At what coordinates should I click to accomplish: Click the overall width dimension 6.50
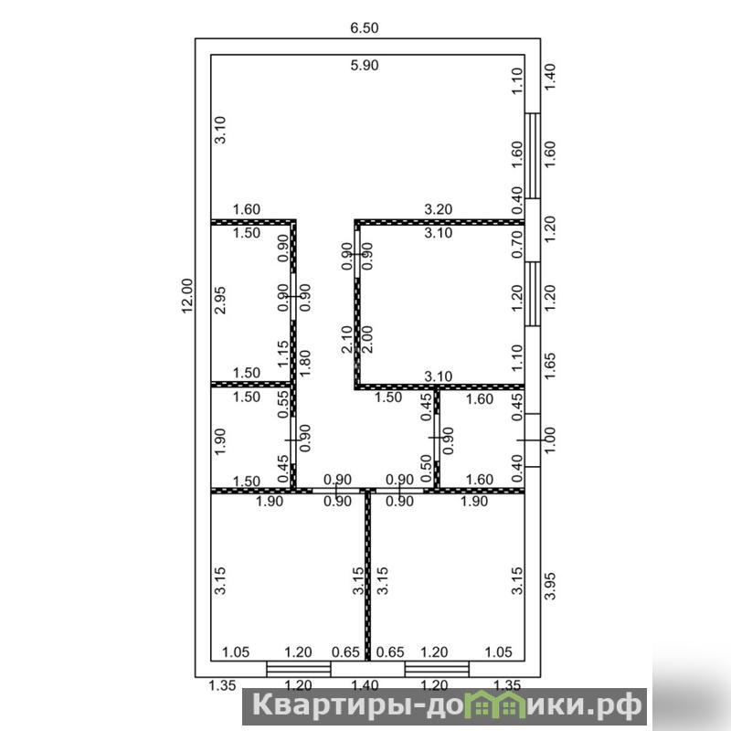pyautogui.click(x=364, y=28)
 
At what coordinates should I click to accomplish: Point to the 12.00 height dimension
pyautogui.click(x=187, y=296)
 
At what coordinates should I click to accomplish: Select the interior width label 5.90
pyautogui.click(x=364, y=65)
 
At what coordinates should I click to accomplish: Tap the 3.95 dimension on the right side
pyautogui.click(x=551, y=586)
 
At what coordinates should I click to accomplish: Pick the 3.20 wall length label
pyautogui.click(x=439, y=209)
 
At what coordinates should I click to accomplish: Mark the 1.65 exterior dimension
pyautogui.click(x=551, y=366)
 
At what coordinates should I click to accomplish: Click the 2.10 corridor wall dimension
pyautogui.click(x=347, y=339)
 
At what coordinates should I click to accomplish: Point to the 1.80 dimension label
pyautogui.click(x=305, y=363)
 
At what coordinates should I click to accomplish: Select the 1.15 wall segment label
pyautogui.click(x=283, y=354)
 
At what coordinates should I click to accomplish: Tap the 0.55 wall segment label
pyautogui.click(x=283, y=404)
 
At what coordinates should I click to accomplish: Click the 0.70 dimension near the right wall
pyautogui.click(x=517, y=244)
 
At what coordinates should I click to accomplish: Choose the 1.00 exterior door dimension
pyautogui.click(x=551, y=440)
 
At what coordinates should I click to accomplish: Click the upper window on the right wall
pyautogui.click(x=533, y=155)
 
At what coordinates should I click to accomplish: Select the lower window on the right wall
pyautogui.click(x=533, y=293)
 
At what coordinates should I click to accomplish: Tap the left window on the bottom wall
pyautogui.click(x=299, y=669)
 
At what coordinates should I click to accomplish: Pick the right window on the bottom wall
pyautogui.click(x=437, y=669)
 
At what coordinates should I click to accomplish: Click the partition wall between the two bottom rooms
pyautogui.click(x=368, y=577)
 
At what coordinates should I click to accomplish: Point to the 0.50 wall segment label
pyautogui.click(x=426, y=464)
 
